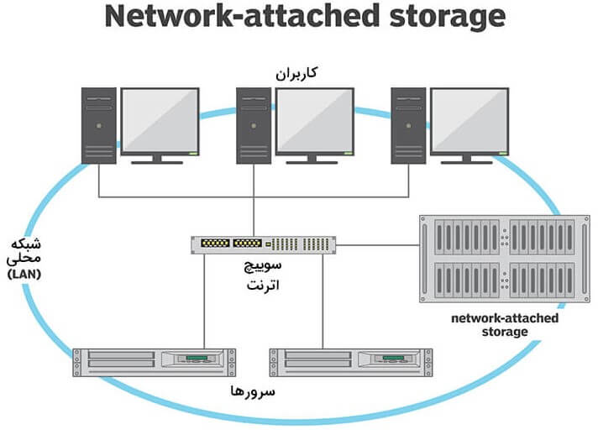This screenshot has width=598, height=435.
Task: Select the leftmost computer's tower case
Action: (x=99, y=125)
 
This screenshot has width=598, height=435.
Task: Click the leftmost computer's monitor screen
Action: (x=160, y=119)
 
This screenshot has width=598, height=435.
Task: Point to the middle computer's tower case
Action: (x=254, y=125)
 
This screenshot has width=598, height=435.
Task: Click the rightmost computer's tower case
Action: (x=409, y=125)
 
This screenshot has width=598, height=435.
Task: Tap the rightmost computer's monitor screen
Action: (x=469, y=119)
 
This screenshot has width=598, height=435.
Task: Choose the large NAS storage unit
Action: (x=503, y=261)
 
